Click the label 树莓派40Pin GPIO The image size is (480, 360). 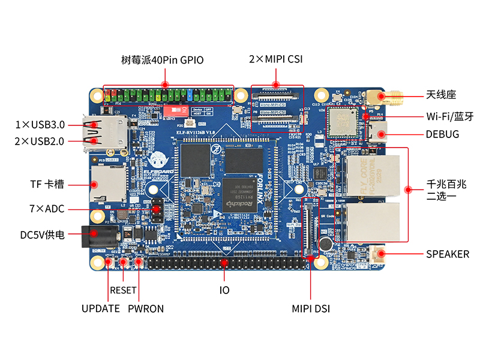pos(162,60)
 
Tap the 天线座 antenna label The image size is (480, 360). pos(442,95)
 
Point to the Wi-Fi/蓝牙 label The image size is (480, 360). pos(449,116)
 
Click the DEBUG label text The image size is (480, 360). pos(442,134)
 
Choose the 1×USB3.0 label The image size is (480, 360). pos(40,125)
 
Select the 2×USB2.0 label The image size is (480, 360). pos(40,141)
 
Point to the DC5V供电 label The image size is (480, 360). pos(42,235)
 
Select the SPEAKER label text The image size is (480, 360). pos(448,254)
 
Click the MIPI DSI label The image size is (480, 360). pos(311,309)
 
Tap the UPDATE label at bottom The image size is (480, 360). pos(101,309)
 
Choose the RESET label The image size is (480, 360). pos(124,290)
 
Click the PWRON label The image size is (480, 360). pos(146,309)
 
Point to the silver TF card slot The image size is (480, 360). pos(107,184)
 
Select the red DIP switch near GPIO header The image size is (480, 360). pos(176,110)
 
